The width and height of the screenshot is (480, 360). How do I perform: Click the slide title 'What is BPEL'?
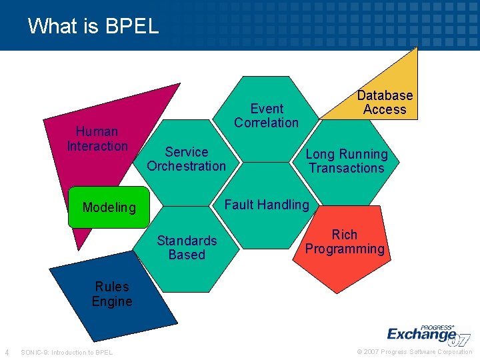(x=93, y=26)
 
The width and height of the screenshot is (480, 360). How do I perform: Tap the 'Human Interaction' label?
(x=97, y=139)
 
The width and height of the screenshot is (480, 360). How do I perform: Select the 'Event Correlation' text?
(x=267, y=115)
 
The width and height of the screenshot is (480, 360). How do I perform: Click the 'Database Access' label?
(x=385, y=102)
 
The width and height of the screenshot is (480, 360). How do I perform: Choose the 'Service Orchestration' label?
(x=186, y=159)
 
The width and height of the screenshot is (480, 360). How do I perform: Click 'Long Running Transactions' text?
(x=346, y=161)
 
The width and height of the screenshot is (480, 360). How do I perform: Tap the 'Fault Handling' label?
(x=267, y=205)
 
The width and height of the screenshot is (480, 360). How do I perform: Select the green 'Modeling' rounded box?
(x=109, y=207)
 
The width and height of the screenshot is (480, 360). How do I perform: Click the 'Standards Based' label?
(x=187, y=247)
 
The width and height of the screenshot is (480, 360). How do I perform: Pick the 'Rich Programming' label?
(x=345, y=242)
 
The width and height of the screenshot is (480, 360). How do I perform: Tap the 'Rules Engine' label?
(x=112, y=294)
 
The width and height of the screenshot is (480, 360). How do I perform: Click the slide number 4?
(x=7, y=352)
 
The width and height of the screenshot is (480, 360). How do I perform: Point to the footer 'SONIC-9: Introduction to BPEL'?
(x=67, y=352)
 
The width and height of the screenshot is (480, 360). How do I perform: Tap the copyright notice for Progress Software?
(x=414, y=352)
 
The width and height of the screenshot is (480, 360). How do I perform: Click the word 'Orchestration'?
(x=186, y=166)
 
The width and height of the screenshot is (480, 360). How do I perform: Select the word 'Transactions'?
(x=346, y=168)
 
